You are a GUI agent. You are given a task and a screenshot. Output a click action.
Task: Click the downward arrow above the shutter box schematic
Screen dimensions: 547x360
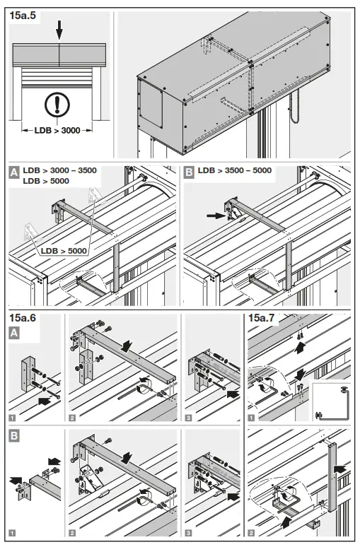tap(59, 29)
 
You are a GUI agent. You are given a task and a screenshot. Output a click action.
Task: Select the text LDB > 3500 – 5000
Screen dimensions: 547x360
tap(236, 170)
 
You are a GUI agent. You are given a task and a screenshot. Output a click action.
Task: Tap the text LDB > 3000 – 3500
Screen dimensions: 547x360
tap(59, 170)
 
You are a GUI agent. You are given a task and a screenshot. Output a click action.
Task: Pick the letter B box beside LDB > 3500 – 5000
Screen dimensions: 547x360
tap(189, 171)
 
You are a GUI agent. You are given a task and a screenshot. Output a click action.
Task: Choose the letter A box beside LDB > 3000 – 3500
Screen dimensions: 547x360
tap(13, 171)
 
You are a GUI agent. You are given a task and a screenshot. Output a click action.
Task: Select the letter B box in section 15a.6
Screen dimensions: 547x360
tap(13, 436)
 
